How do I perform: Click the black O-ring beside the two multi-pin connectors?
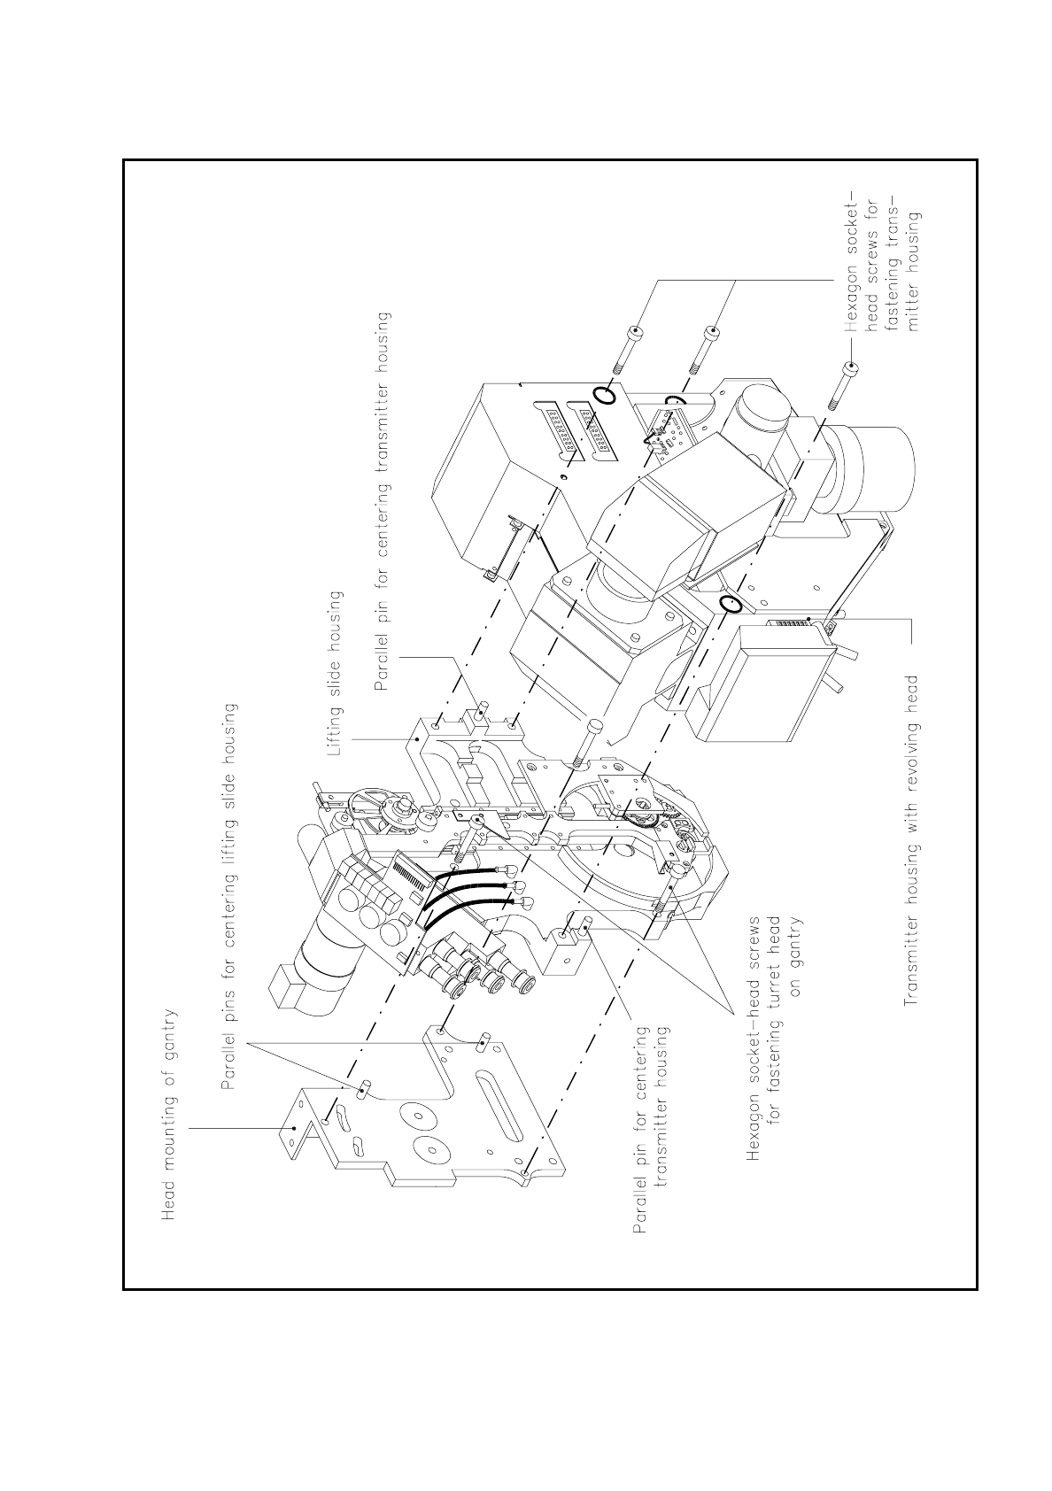point(604,394)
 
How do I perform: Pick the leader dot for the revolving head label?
point(809,617)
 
